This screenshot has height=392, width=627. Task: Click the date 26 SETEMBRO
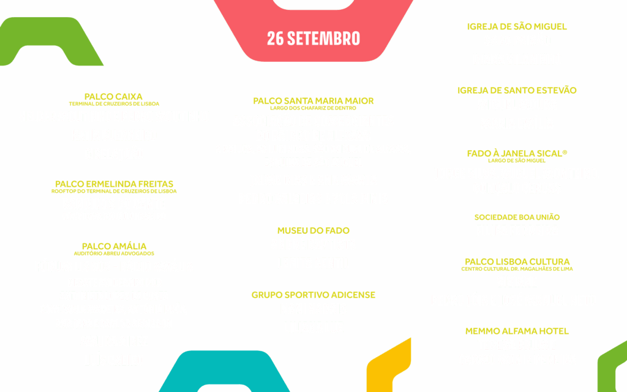(x=313, y=38)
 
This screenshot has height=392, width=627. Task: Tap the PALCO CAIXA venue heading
(x=113, y=96)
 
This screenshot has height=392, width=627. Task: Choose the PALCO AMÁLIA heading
(x=114, y=246)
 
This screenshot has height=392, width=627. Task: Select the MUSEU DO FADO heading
(x=313, y=230)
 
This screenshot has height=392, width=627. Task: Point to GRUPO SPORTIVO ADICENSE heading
(x=313, y=295)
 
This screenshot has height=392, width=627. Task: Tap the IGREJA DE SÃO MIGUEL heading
(x=517, y=26)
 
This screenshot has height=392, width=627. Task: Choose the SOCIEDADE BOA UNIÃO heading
(x=517, y=217)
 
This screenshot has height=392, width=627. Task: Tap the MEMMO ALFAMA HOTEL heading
(x=517, y=331)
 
